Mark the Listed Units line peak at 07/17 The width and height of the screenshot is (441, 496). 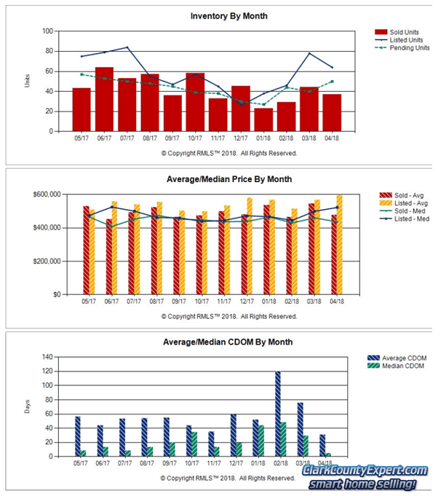tap(127, 47)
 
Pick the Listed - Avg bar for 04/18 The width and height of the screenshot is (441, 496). tap(338, 245)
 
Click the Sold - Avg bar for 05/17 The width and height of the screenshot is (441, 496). tap(86, 251)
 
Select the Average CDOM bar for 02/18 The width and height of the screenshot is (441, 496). tap(277, 414)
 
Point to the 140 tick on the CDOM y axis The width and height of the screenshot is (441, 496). tap(47, 357)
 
